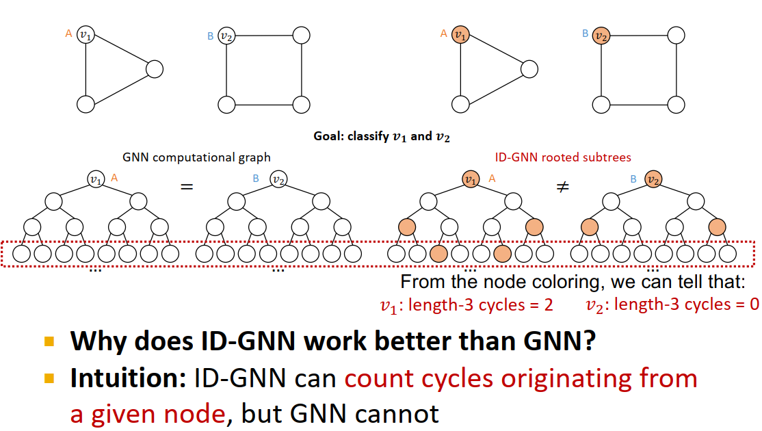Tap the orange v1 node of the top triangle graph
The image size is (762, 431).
point(461,34)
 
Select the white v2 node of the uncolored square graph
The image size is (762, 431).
point(226,35)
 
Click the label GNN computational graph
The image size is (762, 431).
point(196,157)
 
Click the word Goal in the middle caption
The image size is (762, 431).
point(329,136)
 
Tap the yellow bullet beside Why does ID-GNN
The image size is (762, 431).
point(49,341)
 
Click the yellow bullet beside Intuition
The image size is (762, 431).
point(49,378)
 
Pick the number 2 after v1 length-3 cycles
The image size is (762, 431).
point(548,304)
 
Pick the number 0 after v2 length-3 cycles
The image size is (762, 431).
point(754,304)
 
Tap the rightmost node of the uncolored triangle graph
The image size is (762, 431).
point(154,69)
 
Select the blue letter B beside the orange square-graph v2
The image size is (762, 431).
point(585,33)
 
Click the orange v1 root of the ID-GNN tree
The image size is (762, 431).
point(470,179)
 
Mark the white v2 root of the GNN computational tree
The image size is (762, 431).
point(278,179)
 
